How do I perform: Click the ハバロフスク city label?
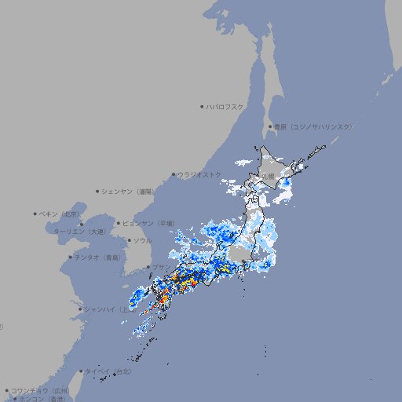[226, 106]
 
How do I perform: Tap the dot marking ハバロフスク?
[203, 106]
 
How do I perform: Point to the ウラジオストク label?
[199, 174]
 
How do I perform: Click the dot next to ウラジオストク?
[174, 174]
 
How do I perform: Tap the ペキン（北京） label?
[59, 214]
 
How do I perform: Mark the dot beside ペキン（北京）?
[35, 214]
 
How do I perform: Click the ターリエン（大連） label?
[79, 232]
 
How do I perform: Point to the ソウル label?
[141, 240]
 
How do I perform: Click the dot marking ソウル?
[129, 240]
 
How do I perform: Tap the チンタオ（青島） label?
[98, 257]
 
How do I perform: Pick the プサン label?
[160, 268]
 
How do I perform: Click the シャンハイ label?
[100, 309]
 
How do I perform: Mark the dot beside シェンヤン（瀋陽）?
[97, 191]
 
